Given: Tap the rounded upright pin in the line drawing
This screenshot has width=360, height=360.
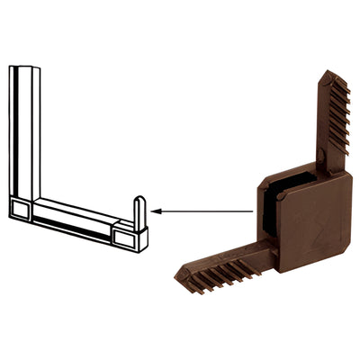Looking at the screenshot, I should (139, 212).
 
